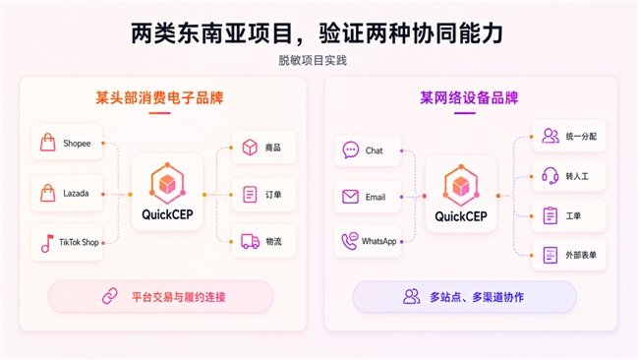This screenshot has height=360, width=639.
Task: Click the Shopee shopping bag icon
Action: [x=48, y=143]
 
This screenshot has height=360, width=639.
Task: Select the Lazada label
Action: [x=76, y=193]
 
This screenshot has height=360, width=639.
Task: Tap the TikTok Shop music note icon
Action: [x=47, y=243]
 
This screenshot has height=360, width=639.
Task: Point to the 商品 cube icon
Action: [x=250, y=148]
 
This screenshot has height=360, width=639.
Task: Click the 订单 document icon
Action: [x=250, y=195]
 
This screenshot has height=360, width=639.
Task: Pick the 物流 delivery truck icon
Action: [x=250, y=241]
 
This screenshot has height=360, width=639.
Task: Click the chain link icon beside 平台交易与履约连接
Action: [x=110, y=296]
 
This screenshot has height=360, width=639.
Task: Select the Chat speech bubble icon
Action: [x=351, y=150]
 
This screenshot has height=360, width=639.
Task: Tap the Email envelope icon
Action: [x=350, y=197]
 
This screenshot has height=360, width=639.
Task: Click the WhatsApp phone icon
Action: [x=350, y=241]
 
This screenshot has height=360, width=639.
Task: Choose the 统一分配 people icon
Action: [x=551, y=136]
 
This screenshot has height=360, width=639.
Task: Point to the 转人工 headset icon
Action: [x=550, y=176]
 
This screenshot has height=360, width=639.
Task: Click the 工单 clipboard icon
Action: [x=551, y=215]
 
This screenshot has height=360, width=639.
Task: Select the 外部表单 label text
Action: [x=581, y=255]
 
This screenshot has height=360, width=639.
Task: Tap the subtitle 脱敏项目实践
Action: [x=313, y=60]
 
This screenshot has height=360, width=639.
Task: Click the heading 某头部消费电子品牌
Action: [x=159, y=97]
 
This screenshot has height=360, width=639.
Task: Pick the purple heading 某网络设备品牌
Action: [x=469, y=97]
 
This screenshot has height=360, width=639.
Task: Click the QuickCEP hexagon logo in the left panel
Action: [x=167, y=184]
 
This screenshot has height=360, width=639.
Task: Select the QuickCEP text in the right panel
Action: [x=461, y=216]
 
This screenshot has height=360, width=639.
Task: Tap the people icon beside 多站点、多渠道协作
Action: [x=411, y=296]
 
